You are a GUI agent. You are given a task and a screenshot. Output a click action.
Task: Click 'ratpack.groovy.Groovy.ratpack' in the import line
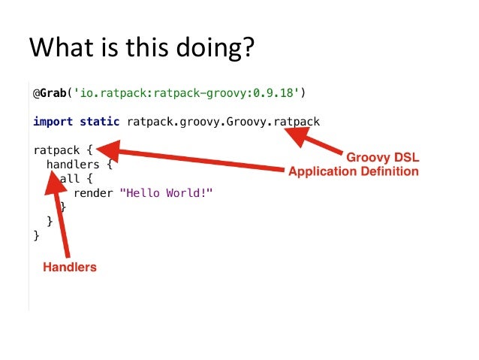[x=223, y=121]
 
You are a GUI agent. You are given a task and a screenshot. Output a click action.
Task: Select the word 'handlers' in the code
[x=72, y=162]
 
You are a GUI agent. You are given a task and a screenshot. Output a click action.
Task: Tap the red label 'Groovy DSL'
[x=382, y=158]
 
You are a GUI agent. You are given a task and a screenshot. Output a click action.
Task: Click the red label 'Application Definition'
[x=353, y=171]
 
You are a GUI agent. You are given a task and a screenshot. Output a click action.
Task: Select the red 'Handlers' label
[x=70, y=266]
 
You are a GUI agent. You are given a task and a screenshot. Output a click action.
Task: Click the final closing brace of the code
[x=36, y=235]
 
